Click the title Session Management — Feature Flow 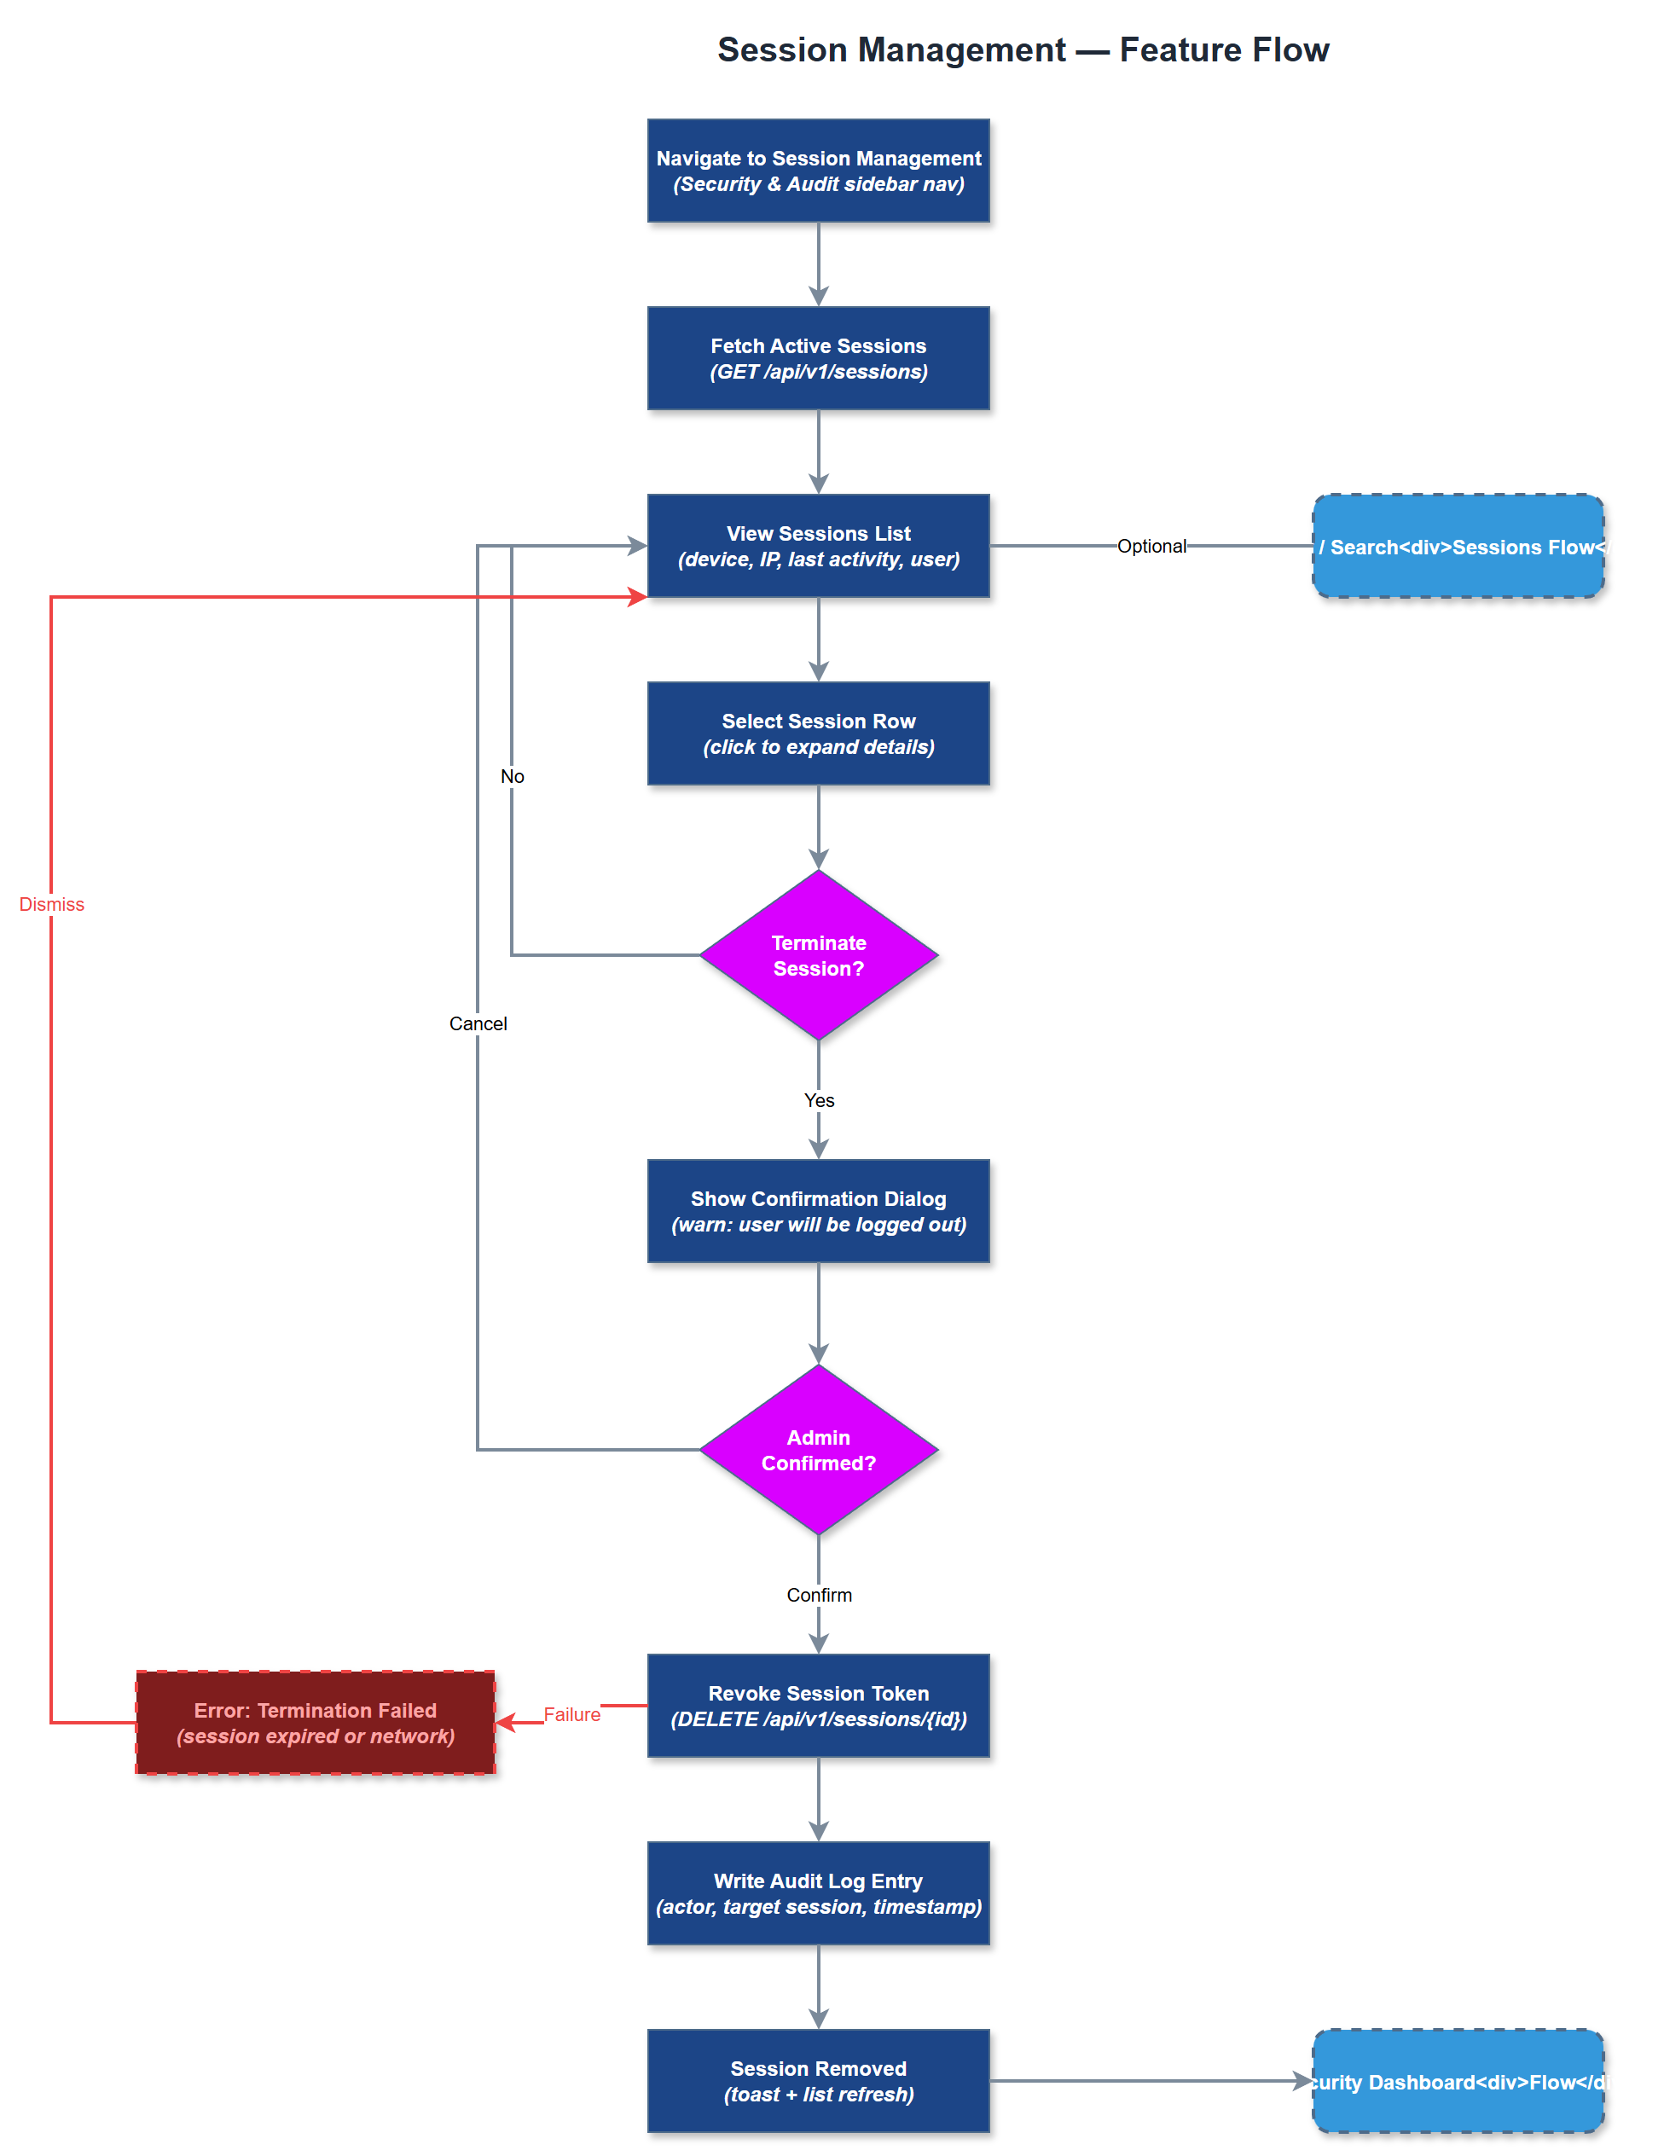1023,49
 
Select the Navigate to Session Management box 818,171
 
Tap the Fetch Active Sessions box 818,358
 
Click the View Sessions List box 818,546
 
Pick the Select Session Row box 818,733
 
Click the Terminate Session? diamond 818,954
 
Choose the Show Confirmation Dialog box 818,1211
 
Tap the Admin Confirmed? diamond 818,1449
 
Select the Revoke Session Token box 818,1705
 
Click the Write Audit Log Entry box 818,1892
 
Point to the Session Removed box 818,2080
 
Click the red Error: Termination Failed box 315,1722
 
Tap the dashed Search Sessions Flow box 1458,546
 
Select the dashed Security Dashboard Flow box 1458,2080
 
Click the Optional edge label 1151,546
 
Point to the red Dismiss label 51,904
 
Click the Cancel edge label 478,1023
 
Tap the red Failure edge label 571,1715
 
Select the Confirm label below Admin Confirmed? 818,1596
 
